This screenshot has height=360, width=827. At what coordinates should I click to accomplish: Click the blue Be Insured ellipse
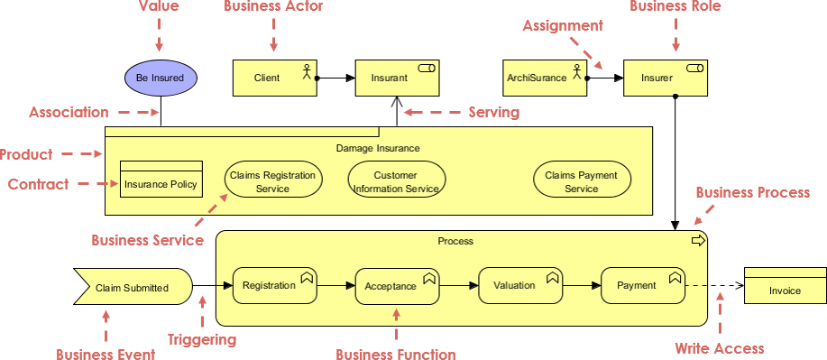pos(160,78)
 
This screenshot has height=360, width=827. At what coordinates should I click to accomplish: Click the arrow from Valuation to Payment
pos(581,286)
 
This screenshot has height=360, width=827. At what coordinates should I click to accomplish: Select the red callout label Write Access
pos(719,348)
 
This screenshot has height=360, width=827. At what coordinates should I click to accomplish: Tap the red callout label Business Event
pos(106,354)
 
